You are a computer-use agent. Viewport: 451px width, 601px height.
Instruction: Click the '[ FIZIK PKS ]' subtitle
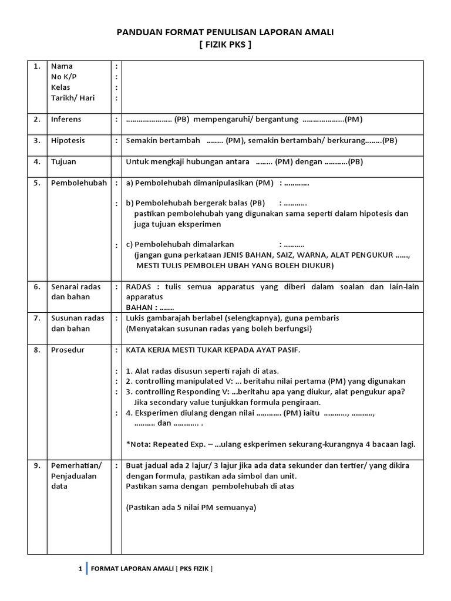coord(225,45)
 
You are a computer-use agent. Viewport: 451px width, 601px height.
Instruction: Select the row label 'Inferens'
coord(66,119)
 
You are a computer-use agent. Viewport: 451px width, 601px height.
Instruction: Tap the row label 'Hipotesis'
coord(68,140)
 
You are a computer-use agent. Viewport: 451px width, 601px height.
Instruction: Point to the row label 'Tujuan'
coord(63,161)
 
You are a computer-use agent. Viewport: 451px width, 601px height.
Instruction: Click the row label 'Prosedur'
coord(68,350)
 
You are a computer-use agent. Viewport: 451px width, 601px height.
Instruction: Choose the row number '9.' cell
coord(37,465)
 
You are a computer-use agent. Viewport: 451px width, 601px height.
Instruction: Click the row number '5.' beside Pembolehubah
coord(37,183)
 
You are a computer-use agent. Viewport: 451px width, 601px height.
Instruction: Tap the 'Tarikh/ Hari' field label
coord(73,98)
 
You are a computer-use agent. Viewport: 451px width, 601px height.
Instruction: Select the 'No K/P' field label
coord(63,77)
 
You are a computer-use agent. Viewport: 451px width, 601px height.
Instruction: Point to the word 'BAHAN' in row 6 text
coord(140,307)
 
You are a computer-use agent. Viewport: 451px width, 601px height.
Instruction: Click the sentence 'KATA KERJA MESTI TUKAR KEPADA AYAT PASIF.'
coord(213,350)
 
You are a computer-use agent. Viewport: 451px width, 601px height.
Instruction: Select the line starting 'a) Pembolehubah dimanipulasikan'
coord(217,183)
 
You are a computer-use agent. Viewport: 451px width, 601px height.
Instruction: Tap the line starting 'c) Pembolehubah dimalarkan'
coord(215,244)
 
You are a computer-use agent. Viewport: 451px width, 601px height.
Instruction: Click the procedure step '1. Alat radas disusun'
coord(203,371)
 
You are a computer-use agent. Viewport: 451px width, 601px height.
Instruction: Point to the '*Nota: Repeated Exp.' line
coord(271,444)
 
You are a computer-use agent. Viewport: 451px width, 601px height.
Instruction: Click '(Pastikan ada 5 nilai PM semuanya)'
coord(191,508)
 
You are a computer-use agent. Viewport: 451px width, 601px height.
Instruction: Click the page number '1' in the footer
coord(80,569)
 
